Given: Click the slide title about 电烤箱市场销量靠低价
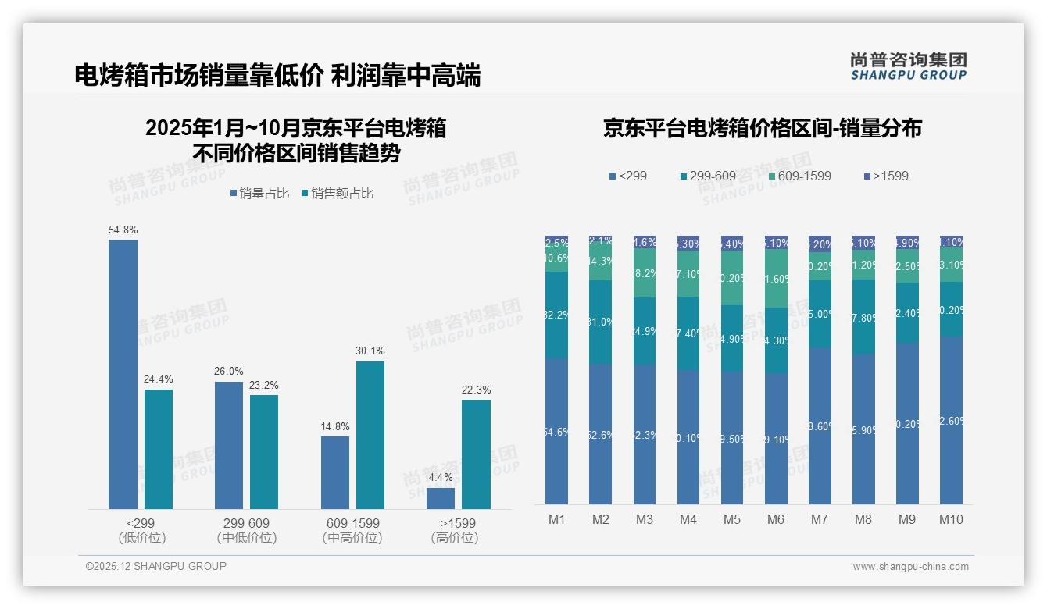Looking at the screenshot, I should [277, 76].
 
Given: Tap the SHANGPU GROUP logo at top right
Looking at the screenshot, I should [908, 66].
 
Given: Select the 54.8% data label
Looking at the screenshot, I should [123, 230].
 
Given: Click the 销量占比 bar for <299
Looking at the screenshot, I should [123, 375].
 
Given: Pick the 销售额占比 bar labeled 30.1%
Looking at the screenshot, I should [370, 435].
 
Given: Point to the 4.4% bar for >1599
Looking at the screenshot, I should [441, 498].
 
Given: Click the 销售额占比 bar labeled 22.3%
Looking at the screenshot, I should [476, 454].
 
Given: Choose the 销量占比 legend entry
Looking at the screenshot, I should [263, 194].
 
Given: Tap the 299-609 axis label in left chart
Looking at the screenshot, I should [246, 523].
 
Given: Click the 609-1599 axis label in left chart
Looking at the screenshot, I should [352, 523].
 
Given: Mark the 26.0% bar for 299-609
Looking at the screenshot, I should [229, 445].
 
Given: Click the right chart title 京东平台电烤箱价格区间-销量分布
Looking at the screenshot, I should [762, 128].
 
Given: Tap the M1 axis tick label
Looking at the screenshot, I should [556, 520].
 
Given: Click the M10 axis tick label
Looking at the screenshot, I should [951, 520].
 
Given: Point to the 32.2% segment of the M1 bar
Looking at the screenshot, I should [556, 315].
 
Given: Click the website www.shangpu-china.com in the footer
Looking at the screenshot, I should [910, 567].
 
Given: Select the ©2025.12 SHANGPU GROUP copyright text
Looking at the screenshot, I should [156, 566].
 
